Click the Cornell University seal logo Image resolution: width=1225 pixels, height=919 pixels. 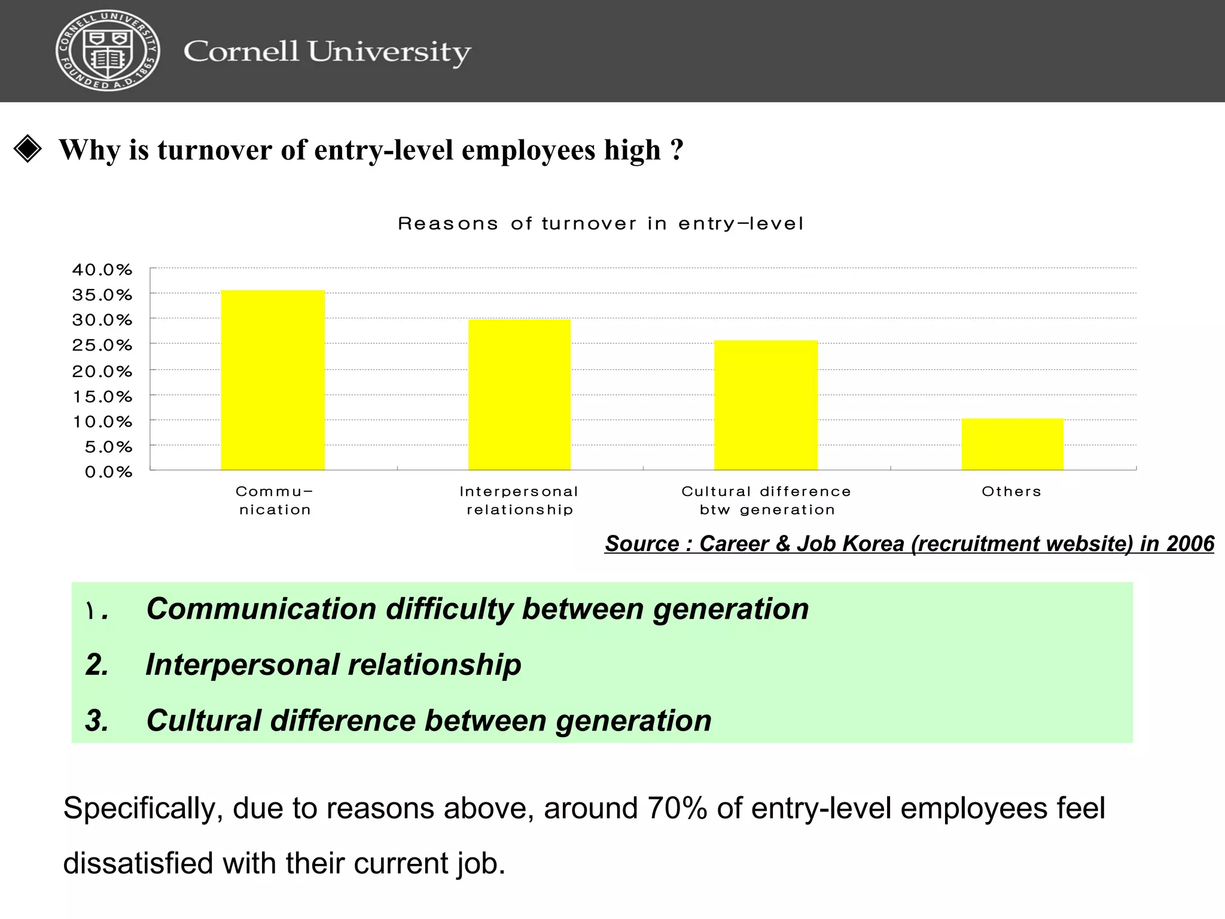108,51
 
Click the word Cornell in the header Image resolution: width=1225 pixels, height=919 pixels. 241,51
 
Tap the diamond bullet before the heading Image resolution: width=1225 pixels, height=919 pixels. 28,149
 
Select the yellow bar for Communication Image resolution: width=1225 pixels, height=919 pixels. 273,380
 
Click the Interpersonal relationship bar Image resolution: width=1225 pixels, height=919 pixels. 519,395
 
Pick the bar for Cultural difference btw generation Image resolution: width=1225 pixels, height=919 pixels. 766,405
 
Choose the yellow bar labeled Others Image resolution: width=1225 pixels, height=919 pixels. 1012,444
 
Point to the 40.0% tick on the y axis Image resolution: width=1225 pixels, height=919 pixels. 102,270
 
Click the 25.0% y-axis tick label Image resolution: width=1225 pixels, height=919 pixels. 102,345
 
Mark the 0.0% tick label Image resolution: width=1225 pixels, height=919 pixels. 108,472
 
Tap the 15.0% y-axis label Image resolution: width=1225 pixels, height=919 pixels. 102,397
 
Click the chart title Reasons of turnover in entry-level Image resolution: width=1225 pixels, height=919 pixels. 601,224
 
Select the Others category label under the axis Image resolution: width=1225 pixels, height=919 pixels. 1011,492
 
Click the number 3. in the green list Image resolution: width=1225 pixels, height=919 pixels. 97,720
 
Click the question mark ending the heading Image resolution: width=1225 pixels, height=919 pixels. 677,149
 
